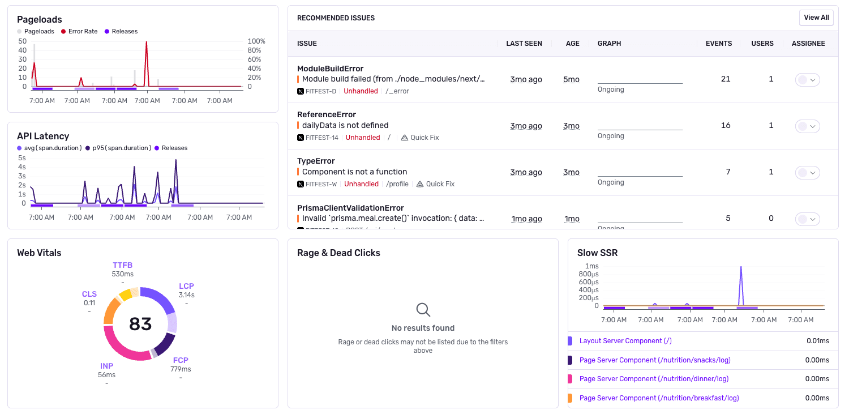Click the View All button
816,18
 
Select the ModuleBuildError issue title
330,69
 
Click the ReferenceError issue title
327,114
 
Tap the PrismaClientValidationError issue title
350,208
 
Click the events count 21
726,79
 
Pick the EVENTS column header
718,44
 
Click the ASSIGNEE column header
808,44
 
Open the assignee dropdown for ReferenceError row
808,126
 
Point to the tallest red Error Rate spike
147,43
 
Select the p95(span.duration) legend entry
121,148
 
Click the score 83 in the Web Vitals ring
140,324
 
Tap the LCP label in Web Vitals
186,287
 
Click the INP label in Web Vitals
106,366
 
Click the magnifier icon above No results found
423,310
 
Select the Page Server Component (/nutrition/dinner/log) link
654,379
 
